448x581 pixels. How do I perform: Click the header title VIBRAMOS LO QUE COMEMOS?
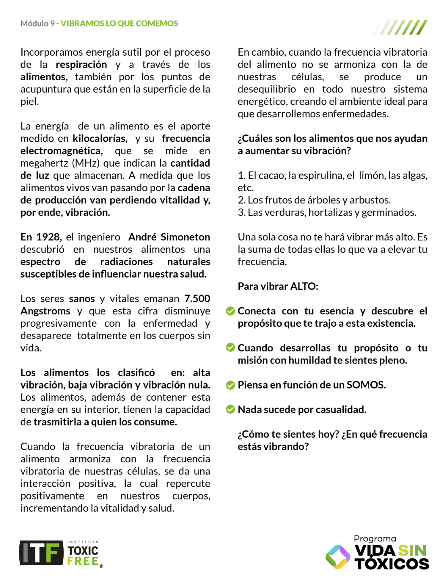click(119, 23)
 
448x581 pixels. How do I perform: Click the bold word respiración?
click(81, 65)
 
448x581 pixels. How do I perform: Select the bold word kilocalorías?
click(100, 138)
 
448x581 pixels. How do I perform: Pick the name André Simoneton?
click(169, 237)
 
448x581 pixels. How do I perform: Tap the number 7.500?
click(197, 299)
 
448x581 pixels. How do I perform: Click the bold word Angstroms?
click(45, 311)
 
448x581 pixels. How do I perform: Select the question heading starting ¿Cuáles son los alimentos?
click(332, 144)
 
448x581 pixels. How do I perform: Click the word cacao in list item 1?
click(271, 176)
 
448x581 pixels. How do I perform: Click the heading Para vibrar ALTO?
click(278, 286)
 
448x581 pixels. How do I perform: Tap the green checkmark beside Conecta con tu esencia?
click(230, 311)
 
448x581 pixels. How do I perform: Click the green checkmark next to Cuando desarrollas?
click(230, 348)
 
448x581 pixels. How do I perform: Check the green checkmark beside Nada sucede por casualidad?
click(230, 410)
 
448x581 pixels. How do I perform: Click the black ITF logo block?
click(41, 553)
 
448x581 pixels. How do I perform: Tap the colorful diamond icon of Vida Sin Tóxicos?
click(338, 557)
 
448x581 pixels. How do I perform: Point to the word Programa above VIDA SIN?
click(375, 539)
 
